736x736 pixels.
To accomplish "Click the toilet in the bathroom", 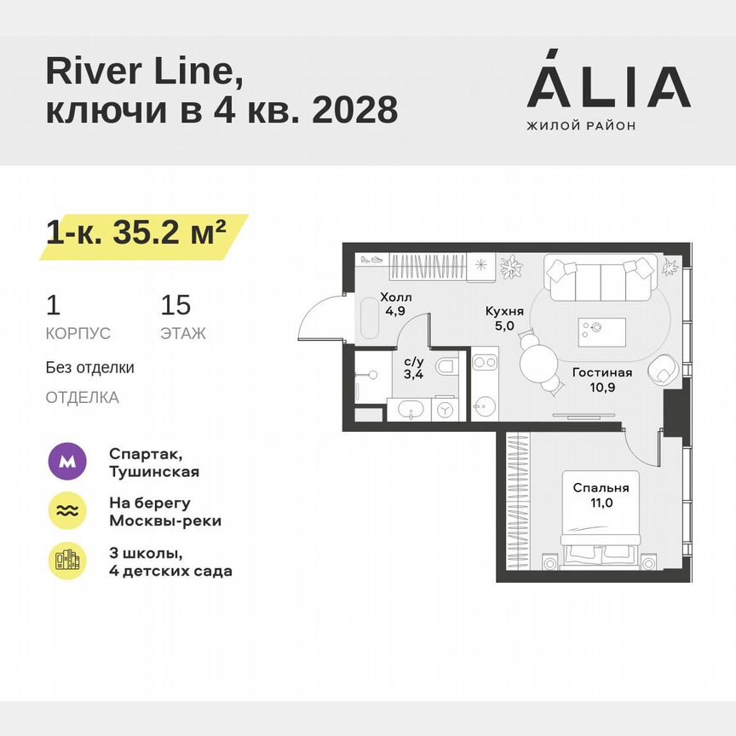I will pyautogui.click(x=446, y=367).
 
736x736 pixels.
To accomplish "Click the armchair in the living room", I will pyautogui.click(x=664, y=372).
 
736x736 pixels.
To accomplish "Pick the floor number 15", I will pyautogui.click(x=175, y=305).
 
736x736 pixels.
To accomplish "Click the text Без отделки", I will pyautogui.click(x=89, y=368).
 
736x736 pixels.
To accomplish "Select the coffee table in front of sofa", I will pyautogui.click(x=601, y=328).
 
